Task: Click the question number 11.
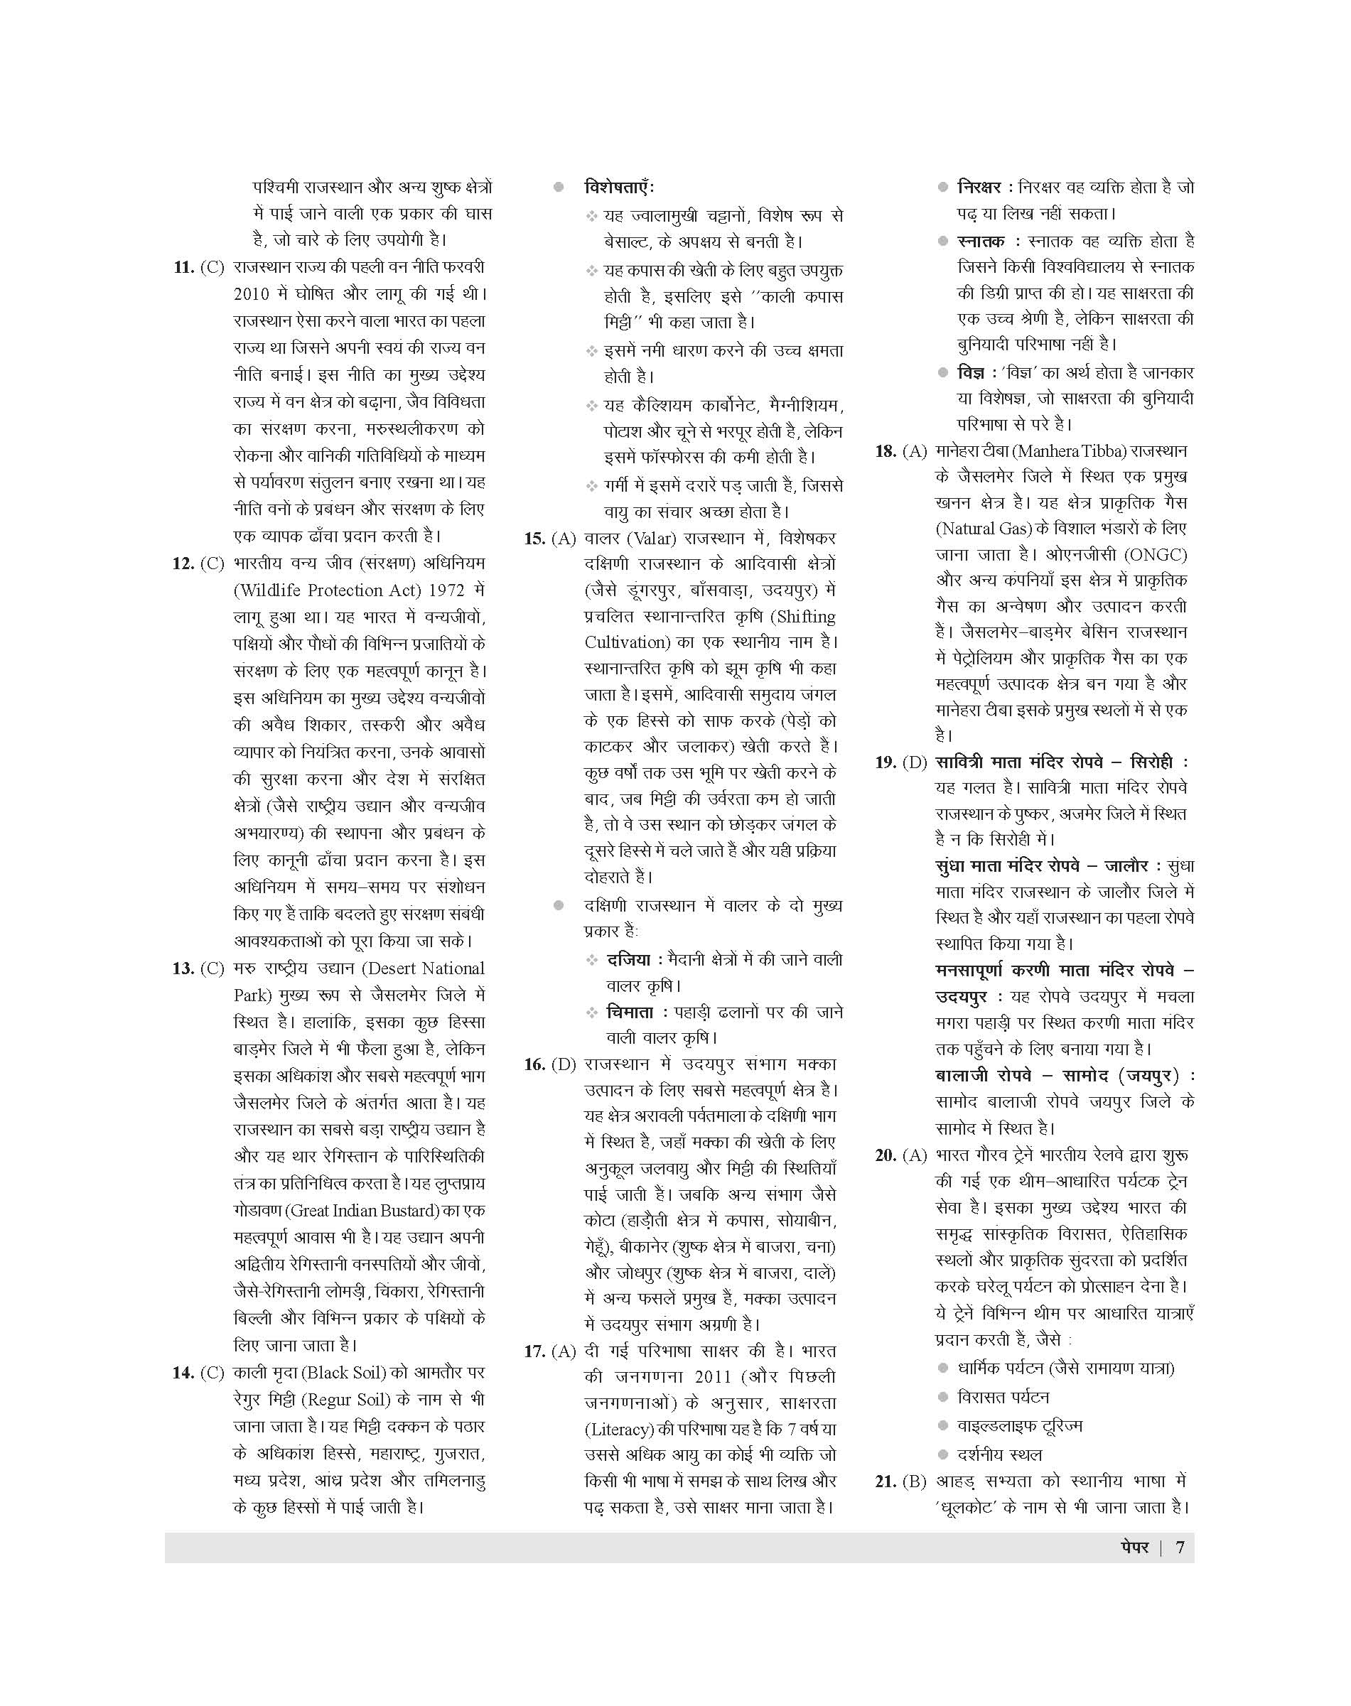click(x=183, y=268)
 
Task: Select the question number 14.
click(x=183, y=1373)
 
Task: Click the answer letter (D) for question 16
click(x=563, y=1064)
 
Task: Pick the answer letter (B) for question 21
click(x=914, y=1481)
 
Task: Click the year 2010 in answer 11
click(x=252, y=294)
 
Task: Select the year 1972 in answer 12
click(x=448, y=591)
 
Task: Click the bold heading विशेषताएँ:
click(x=619, y=188)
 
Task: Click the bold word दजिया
click(x=628, y=960)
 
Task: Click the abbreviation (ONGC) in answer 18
click(x=1156, y=555)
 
